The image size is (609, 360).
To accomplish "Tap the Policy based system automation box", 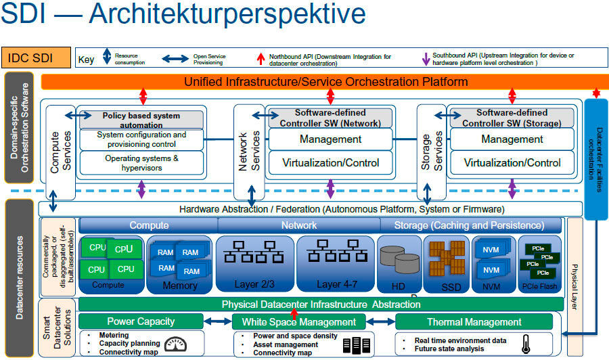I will point(141,120).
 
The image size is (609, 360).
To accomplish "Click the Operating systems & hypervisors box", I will point(141,162).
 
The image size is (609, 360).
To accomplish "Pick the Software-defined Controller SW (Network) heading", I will point(330,118).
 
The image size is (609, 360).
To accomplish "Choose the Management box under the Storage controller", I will point(512,139).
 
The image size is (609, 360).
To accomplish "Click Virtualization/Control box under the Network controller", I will point(330,162).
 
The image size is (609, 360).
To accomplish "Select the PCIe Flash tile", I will point(539,264).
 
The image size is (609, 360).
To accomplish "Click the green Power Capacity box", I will point(141,321).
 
